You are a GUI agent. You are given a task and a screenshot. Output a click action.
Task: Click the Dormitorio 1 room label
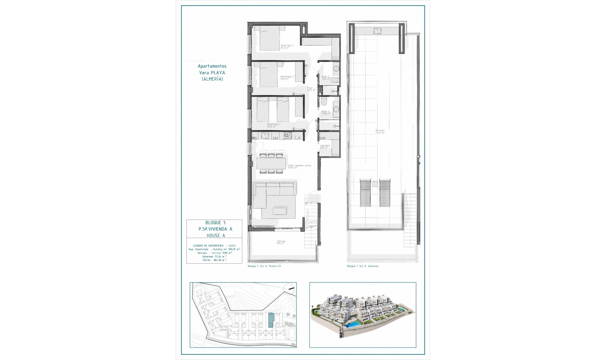[287, 47]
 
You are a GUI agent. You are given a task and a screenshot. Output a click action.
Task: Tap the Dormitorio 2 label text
[287, 78]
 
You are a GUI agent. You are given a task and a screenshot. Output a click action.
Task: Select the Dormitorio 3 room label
[273, 125]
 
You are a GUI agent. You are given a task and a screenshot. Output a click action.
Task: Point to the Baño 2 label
[325, 78]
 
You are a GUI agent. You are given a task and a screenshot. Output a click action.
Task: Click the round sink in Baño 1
[336, 110]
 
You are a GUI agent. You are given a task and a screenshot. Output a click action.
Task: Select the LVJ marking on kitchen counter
[275, 138]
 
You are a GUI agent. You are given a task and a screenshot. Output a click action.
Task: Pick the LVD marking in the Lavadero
[322, 138]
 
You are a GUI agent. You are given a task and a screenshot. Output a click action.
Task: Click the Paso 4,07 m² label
[311, 89]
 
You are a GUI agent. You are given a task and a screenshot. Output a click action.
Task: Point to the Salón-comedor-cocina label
[299, 166]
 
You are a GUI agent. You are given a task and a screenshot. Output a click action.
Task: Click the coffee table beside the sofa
[280, 210]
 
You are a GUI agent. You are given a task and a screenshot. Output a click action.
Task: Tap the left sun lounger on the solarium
[365, 193]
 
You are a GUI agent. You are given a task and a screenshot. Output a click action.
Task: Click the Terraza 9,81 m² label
[281, 242]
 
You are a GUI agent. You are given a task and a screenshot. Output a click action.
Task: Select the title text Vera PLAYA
[212, 73]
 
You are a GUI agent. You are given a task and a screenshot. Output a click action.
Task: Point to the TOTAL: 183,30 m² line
[214, 260]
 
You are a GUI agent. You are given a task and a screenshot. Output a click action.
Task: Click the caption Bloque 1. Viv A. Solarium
[362, 266]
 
